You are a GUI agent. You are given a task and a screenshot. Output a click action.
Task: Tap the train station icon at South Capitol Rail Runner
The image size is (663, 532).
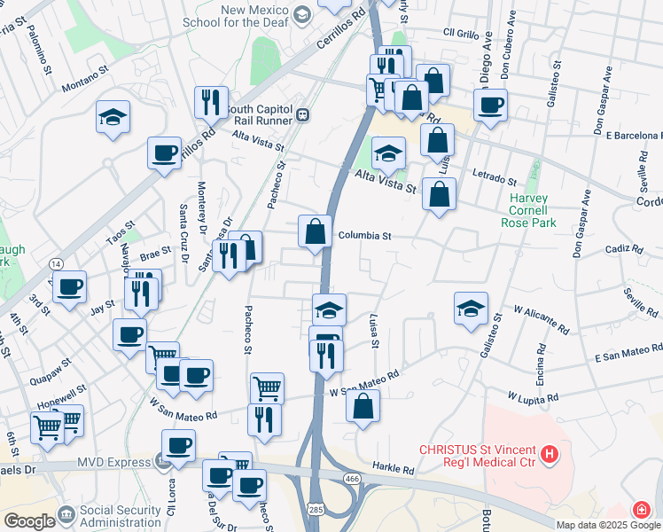click(303, 113)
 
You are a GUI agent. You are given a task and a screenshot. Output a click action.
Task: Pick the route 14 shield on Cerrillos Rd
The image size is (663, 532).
click(56, 263)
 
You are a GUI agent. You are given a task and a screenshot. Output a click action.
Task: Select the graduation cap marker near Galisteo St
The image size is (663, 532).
click(471, 309)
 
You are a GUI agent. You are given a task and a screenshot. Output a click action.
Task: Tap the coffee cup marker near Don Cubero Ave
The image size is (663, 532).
click(489, 106)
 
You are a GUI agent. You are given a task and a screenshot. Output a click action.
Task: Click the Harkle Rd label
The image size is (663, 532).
click(394, 469)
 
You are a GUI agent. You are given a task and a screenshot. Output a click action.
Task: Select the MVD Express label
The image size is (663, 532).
click(110, 461)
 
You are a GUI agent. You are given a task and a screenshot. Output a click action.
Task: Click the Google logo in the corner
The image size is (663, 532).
click(28, 520)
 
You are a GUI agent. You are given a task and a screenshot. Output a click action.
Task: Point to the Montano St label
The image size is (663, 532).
click(85, 78)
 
